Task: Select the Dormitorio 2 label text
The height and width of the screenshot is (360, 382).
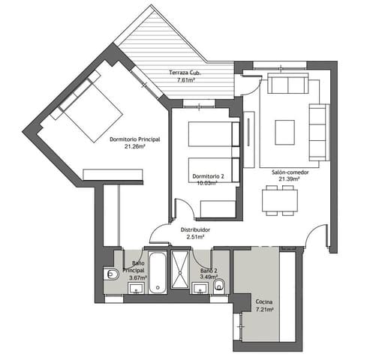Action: click(206, 175)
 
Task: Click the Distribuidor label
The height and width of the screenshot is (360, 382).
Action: click(195, 229)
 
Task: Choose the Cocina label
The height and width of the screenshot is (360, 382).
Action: click(264, 301)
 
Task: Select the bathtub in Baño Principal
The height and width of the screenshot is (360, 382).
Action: click(158, 271)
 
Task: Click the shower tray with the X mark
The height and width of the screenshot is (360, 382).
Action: click(182, 271)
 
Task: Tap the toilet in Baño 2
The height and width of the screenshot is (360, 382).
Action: click(220, 285)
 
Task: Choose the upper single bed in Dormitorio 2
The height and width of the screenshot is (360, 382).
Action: click(212, 135)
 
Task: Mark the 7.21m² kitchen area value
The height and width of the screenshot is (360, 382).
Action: click(264, 309)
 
